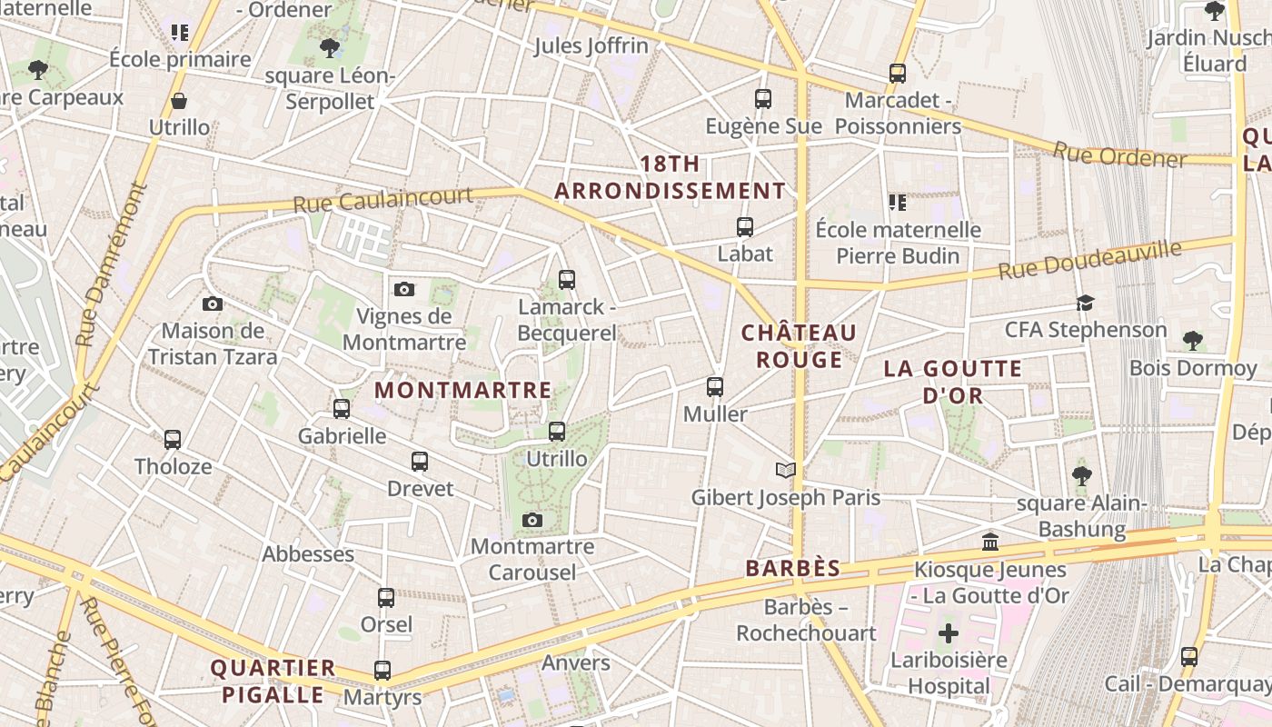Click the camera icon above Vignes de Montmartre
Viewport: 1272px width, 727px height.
[404, 289]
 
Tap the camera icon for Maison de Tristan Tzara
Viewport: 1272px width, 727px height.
[213, 304]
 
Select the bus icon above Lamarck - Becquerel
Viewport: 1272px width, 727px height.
[567, 279]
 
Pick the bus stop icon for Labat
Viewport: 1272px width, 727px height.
[745, 226]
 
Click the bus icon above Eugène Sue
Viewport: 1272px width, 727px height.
[763, 98]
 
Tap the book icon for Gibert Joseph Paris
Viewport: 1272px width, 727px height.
[786, 470]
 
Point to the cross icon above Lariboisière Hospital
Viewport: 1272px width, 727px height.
[949, 632]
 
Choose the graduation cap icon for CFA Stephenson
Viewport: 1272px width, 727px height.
[1085, 303]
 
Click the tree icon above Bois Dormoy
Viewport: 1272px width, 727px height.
[1193, 341]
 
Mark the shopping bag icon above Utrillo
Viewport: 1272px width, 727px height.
[179, 101]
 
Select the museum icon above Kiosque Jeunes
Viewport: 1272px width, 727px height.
[990, 543]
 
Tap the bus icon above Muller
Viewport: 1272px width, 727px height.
[715, 387]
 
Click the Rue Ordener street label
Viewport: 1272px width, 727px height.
[1119, 154]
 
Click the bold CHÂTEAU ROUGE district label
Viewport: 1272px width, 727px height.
[800, 346]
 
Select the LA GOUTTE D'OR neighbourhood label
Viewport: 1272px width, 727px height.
[954, 382]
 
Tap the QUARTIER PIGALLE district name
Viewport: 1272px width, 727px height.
[273, 682]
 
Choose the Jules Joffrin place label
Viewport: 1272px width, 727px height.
[591, 45]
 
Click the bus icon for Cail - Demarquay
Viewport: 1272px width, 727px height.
[1189, 656]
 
